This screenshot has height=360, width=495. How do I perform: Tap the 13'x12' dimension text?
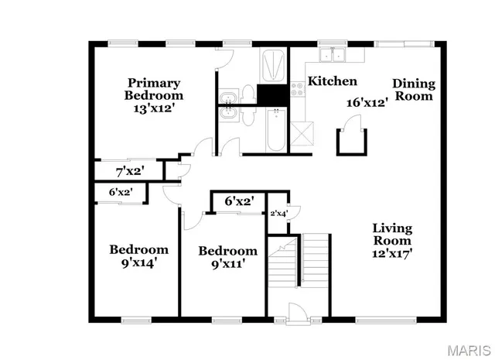[154, 109]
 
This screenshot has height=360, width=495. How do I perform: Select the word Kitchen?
[333, 81]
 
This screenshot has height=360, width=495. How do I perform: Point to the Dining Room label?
[413, 90]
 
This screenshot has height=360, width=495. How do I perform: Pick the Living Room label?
[392, 235]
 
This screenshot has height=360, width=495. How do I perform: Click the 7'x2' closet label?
[129, 170]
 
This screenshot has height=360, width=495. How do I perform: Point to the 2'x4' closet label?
[277, 214]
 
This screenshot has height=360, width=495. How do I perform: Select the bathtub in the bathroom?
[275, 131]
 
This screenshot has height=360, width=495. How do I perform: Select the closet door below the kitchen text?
[352, 124]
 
